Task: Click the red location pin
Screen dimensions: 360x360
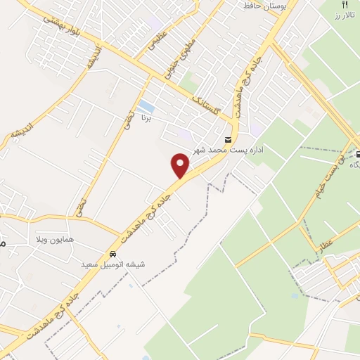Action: (181, 165)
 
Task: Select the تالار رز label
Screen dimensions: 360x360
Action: (345, 15)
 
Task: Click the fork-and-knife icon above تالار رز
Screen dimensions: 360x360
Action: (345, 4)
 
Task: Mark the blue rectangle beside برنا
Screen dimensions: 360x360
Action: (146, 107)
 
